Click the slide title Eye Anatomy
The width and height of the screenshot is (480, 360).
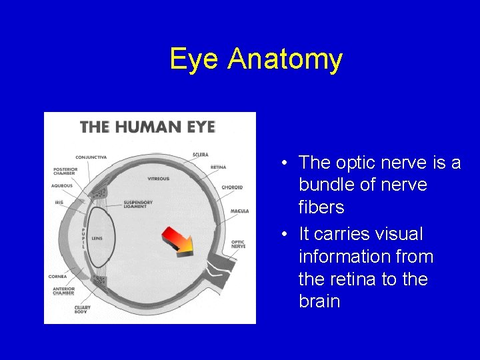coord(256,59)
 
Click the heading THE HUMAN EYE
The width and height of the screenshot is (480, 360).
coord(147,126)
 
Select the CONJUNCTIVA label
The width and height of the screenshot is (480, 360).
coord(91,157)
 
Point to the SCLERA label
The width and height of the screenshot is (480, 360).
coord(200,155)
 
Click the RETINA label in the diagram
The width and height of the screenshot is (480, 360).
coord(218,167)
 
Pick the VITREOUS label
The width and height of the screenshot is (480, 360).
coord(159,179)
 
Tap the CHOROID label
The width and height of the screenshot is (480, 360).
coord(232,187)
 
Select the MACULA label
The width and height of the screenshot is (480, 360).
coord(239,211)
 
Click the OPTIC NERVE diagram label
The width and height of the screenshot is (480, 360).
coord(238,244)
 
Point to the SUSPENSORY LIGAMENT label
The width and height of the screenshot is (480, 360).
coord(138,203)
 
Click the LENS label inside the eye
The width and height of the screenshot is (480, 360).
coord(97,238)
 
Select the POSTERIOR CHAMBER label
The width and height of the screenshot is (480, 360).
coord(65,172)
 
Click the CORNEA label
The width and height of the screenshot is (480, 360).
coord(57,276)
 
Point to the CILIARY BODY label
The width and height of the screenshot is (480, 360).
coord(83,309)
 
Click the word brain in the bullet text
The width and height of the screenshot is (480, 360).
coord(319,301)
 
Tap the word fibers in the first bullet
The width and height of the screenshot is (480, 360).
coord(321,207)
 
